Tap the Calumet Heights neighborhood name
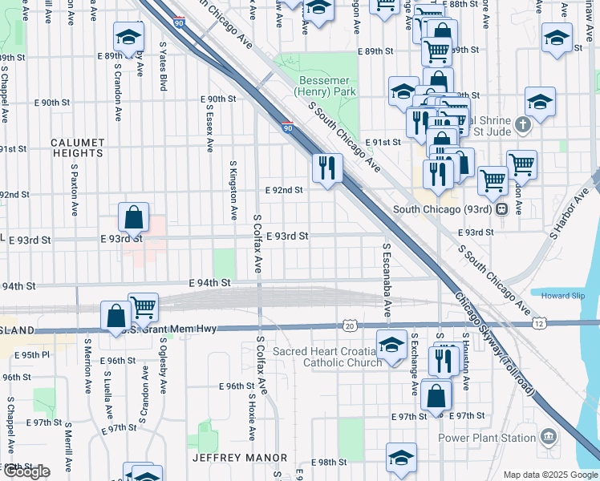[x=78, y=148]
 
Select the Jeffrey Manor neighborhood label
[x=239, y=458]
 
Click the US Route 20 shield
[x=348, y=325]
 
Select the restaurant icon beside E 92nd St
[x=326, y=168]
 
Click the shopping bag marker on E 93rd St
[x=133, y=217]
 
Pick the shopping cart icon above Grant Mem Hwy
[x=143, y=307]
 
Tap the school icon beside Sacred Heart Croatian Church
[x=391, y=346]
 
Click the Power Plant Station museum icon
[x=549, y=437]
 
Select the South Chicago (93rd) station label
[x=444, y=210]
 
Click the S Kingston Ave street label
[x=233, y=190]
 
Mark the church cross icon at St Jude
[x=522, y=125]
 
